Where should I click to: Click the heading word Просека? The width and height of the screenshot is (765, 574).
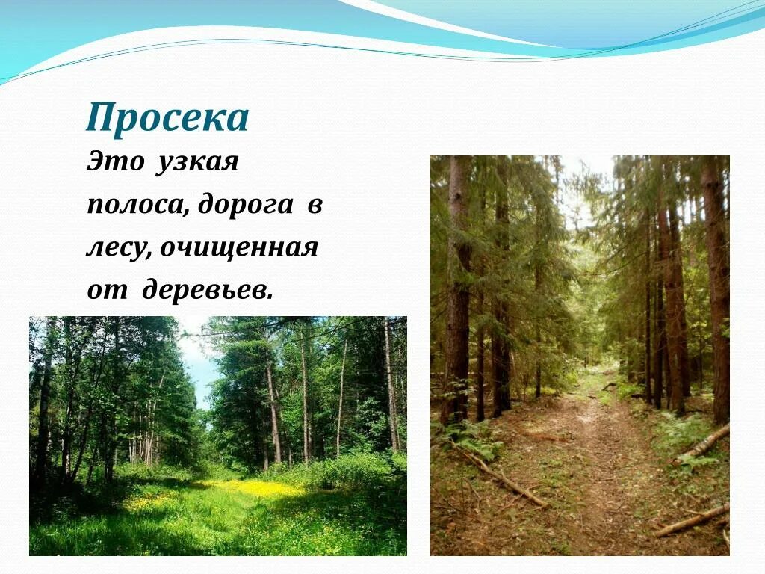click(167, 118)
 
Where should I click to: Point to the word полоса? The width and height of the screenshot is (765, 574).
click(135, 205)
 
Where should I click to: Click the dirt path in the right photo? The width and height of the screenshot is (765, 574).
click(590, 463)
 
